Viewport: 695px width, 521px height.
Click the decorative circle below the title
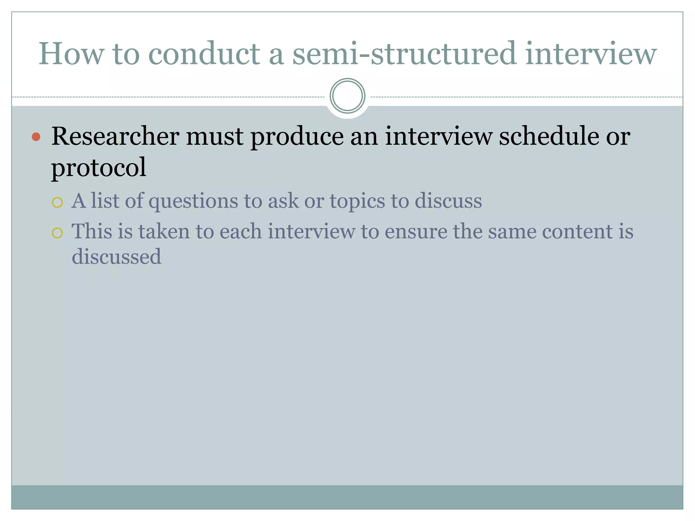pos(347,96)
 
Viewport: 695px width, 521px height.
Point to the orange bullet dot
pos(36,137)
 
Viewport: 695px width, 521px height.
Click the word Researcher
pos(115,137)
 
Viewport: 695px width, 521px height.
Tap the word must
pos(215,137)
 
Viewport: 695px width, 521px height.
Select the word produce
pos(297,137)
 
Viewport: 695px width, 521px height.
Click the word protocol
pos(98,167)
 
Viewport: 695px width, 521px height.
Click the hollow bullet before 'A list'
pos(57,202)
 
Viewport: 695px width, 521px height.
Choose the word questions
pos(193,201)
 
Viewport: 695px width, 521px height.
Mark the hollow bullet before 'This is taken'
pos(57,233)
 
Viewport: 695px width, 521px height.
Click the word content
pos(573,232)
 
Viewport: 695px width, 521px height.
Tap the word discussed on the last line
pos(116,256)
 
